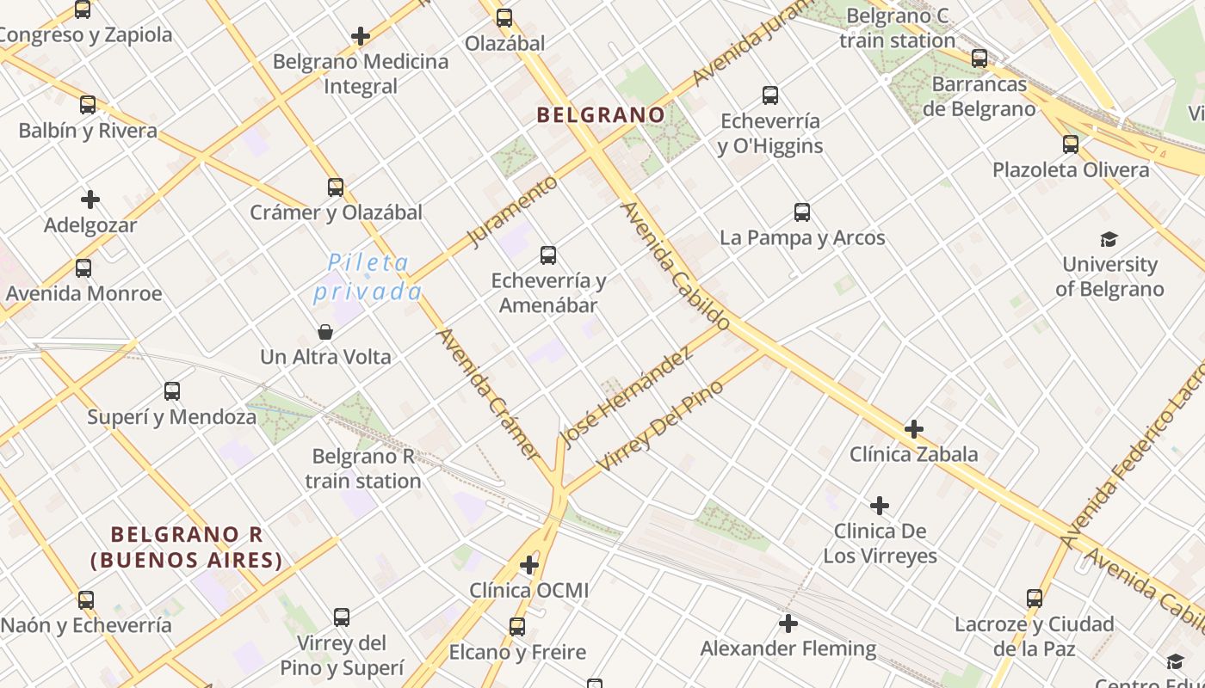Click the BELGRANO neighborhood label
point(601,114)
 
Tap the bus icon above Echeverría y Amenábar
point(548,255)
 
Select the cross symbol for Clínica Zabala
point(914,428)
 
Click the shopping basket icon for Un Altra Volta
point(325,331)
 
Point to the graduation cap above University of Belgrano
point(1109,239)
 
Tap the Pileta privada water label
point(368,276)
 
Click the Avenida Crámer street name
point(487,393)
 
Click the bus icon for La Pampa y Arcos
point(802,212)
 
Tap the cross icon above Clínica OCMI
point(529,565)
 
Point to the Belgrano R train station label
point(363,469)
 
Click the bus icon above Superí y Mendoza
point(172,391)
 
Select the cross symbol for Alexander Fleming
point(788,623)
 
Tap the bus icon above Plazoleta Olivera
point(1071,144)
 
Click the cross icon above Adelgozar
point(90,200)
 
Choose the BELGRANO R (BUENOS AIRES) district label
point(187,548)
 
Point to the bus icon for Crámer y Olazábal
point(336,187)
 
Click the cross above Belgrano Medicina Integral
point(361,36)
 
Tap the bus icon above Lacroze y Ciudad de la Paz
point(1035,598)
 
